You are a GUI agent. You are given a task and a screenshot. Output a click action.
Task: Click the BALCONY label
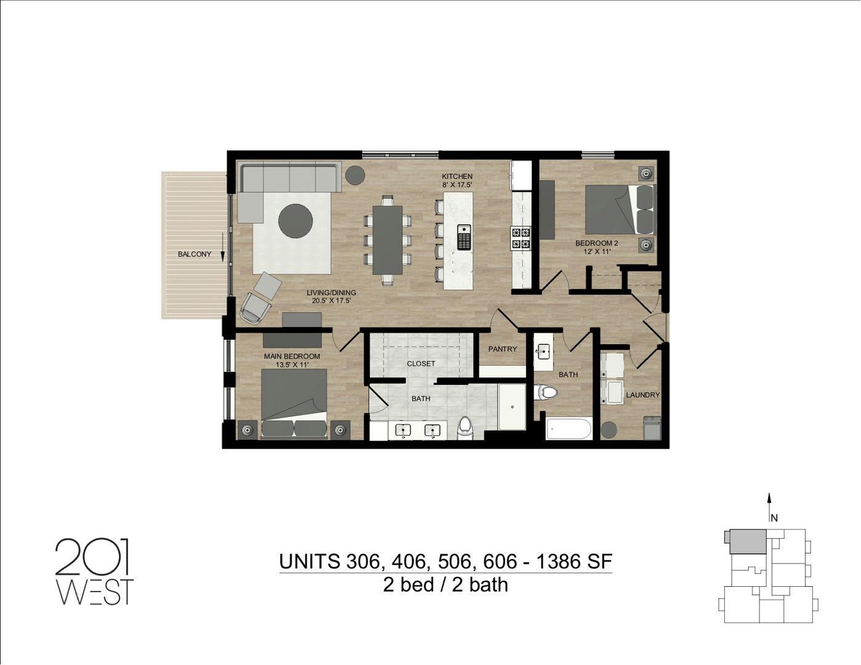194,254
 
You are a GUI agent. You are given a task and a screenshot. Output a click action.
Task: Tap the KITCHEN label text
457,177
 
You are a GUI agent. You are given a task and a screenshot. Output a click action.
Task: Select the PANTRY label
503,349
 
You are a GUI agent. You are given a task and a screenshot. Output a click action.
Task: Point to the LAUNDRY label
642,395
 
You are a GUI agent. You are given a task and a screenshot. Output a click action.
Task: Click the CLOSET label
421,364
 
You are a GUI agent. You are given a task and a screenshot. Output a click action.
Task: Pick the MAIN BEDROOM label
292,357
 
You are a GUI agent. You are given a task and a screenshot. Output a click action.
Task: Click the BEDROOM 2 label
596,243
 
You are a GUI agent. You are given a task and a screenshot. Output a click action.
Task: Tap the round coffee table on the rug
296,220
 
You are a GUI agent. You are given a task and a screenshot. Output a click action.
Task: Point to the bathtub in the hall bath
569,429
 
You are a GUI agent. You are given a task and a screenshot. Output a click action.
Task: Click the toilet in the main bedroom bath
465,427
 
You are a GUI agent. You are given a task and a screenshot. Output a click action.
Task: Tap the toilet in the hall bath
546,391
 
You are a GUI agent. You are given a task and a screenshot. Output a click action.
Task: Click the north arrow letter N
774,518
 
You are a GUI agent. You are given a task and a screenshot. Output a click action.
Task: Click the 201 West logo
94,571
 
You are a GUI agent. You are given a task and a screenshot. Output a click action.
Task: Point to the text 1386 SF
574,562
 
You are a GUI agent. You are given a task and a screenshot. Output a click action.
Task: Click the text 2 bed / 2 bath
445,584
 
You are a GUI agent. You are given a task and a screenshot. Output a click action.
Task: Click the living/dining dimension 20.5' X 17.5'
331,301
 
